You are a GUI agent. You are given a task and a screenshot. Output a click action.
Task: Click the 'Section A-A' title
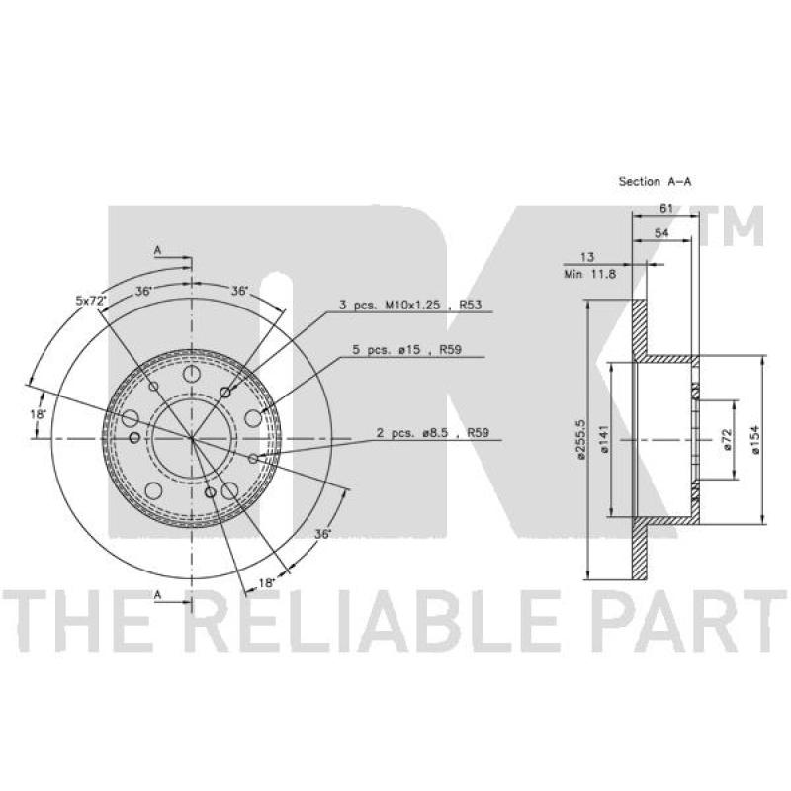point(655,181)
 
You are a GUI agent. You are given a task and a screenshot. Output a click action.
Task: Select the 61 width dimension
point(666,208)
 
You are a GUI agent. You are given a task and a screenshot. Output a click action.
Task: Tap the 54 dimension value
point(661,232)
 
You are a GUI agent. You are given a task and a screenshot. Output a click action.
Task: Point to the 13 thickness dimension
point(587,257)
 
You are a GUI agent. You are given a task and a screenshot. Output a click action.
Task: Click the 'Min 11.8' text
point(589,275)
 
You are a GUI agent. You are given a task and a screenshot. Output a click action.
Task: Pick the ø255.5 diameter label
point(580,439)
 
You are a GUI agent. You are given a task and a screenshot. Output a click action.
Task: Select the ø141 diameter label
point(605,438)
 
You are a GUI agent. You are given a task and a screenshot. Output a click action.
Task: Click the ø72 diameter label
point(727,439)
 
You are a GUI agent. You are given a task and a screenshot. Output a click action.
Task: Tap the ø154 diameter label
point(755,439)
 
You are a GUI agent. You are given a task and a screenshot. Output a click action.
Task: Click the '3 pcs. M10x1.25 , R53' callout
point(409,305)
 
